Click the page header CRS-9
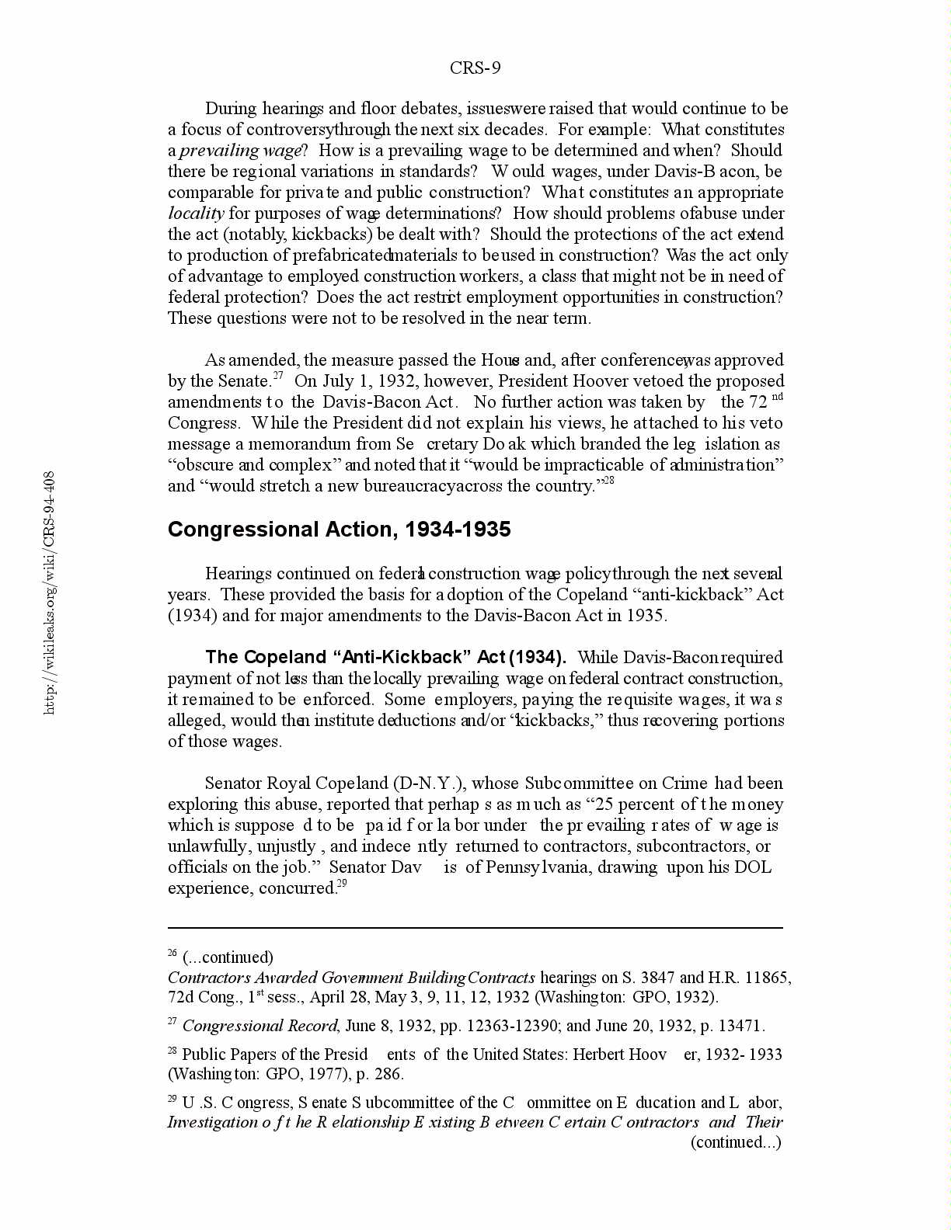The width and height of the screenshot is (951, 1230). click(x=475, y=68)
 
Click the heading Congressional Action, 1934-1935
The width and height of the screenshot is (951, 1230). click(x=339, y=530)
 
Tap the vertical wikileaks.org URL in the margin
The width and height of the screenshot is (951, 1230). click(x=49, y=592)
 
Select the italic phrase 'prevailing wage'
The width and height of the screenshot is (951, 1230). click(x=239, y=151)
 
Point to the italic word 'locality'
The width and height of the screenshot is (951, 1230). click(x=196, y=214)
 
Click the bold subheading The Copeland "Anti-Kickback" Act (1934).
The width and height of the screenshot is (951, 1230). click(x=385, y=658)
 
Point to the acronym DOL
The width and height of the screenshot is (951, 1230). click(x=753, y=867)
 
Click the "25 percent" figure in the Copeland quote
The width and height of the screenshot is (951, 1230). click(x=630, y=804)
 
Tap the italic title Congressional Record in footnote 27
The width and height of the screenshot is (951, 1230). click(x=260, y=1026)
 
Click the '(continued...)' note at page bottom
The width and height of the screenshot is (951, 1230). click(x=736, y=1142)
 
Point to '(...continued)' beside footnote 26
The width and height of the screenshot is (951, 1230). click(x=228, y=957)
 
